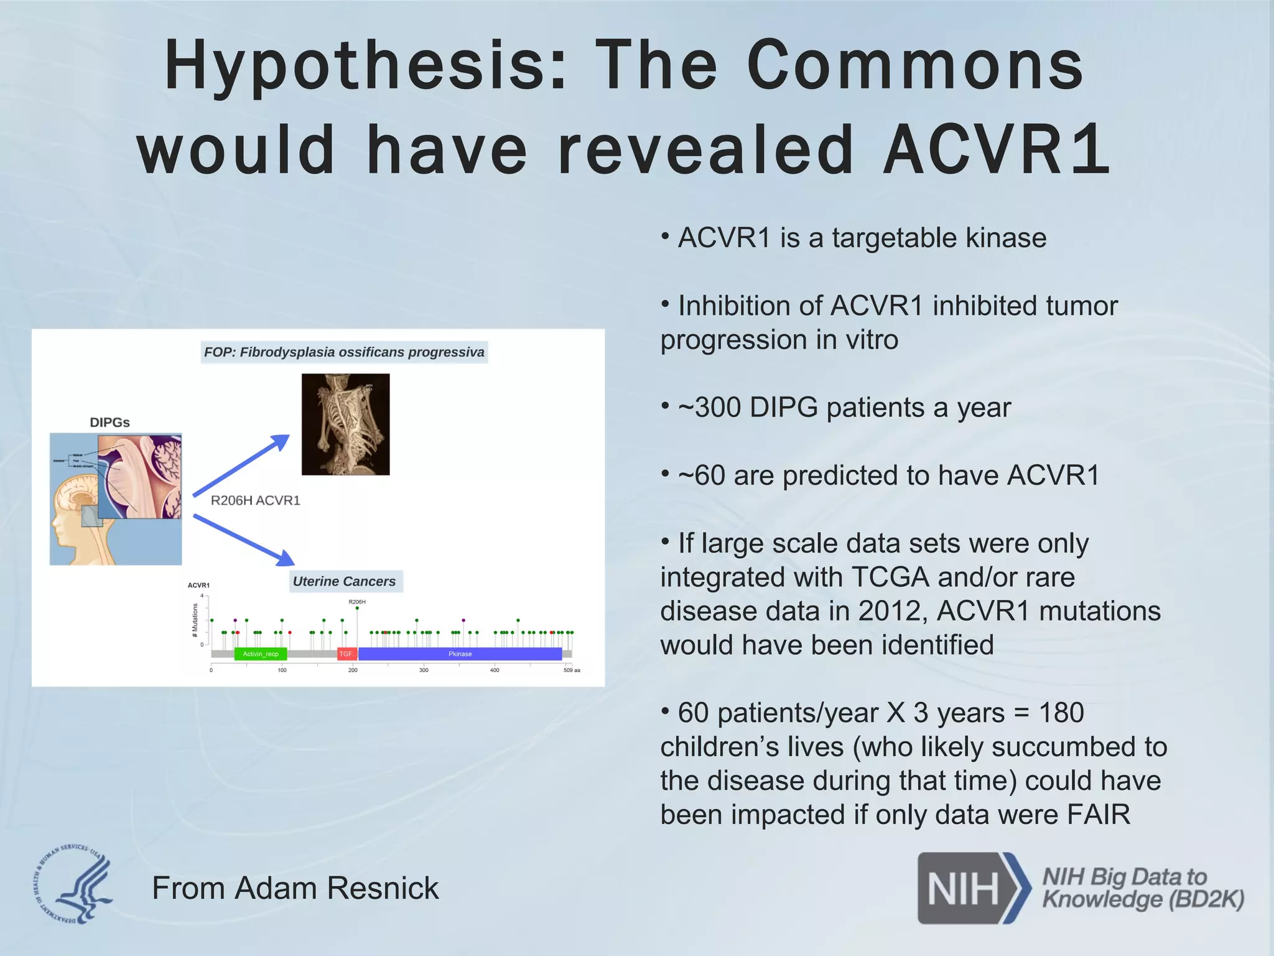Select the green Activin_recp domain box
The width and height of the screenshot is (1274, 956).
[x=261, y=654]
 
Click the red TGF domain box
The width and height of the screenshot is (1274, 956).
[x=346, y=654]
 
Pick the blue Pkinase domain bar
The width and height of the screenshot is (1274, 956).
[x=460, y=654]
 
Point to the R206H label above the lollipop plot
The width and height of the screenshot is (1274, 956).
[x=357, y=602]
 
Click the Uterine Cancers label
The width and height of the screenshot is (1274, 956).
[x=344, y=581]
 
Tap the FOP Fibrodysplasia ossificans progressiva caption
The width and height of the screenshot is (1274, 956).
[x=344, y=352]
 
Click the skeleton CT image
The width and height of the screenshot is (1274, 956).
[x=346, y=424]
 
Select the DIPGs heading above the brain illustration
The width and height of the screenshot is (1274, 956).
[x=109, y=422]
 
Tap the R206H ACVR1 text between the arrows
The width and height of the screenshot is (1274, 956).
[x=255, y=500]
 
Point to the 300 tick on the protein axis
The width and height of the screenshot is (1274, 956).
[x=424, y=670]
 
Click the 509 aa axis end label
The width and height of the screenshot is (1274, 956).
[x=572, y=670]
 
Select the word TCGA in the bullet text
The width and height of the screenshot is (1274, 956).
[x=890, y=577]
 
